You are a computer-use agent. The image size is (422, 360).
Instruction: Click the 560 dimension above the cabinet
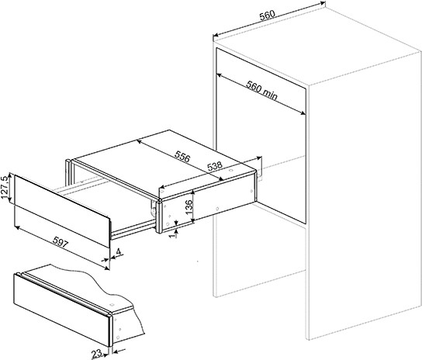coord(268,16)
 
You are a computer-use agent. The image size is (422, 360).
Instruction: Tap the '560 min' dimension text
coord(261,91)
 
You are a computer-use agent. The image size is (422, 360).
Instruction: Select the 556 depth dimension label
coord(182,156)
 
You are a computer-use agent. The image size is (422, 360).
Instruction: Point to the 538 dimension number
coord(215,166)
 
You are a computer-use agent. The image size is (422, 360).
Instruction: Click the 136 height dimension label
coord(189,207)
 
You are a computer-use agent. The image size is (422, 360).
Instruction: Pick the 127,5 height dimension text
coord(5,188)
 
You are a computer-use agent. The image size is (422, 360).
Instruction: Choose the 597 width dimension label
coord(60,242)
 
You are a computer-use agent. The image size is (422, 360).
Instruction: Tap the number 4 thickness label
coord(119,252)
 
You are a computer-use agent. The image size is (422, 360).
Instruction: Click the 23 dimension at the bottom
coord(96,354)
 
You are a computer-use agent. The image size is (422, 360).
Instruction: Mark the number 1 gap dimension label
coord(174,234)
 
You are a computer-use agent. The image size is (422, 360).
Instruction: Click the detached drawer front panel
coord(62,211)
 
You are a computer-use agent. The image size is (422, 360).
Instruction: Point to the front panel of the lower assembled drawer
coord(61,310)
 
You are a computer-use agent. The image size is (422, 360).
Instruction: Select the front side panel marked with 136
coord(163,216)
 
